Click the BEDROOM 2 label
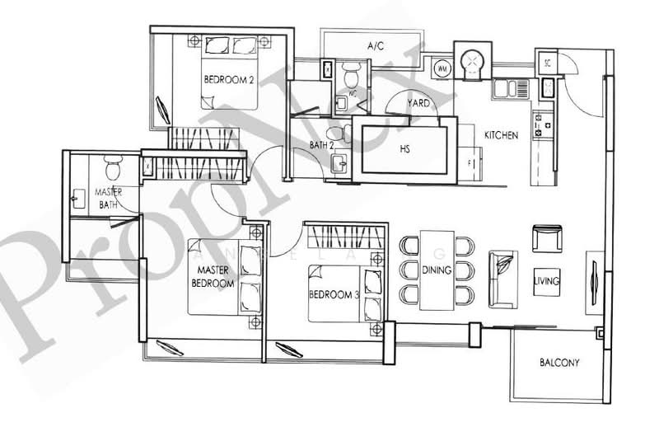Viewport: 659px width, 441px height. [229, 80]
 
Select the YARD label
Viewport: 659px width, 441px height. [418, 105]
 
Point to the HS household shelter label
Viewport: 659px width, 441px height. [404, 149]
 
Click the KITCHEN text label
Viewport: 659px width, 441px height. [501, 135]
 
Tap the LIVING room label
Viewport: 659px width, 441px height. [546, 281]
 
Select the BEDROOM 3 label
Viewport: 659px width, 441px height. [334, 294]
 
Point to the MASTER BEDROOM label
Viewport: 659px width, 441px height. [214, 276]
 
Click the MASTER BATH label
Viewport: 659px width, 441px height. [110, 198]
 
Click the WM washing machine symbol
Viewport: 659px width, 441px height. [442, 68]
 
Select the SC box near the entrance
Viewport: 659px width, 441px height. [547, 62]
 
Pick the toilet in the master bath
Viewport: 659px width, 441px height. [115, 169]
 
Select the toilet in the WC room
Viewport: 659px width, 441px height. [351, 77]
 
